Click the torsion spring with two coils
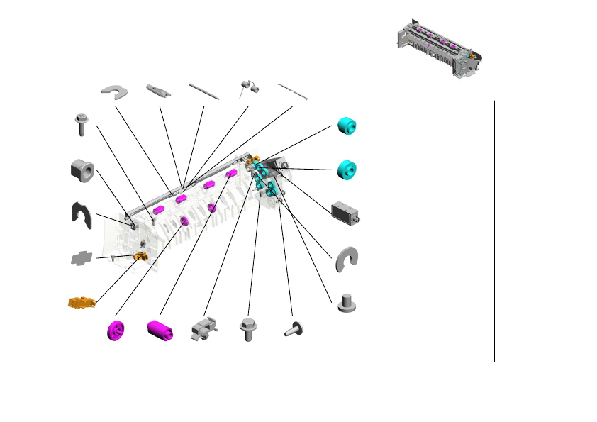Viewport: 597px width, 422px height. click(249, 88)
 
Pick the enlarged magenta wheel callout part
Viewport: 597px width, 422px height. click(116, 331)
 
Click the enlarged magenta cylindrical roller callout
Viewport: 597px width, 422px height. click(160, 330)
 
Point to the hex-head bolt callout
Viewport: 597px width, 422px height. click(249, 330)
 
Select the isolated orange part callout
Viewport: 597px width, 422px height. click(82, 303)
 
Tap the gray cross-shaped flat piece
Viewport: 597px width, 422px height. click(82, 258)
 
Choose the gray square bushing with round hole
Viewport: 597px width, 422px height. click(83, 170)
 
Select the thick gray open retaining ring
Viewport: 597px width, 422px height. click(347, 259)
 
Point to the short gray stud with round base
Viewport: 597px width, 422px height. click(347, 303)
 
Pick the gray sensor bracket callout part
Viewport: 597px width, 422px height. click(203, 328)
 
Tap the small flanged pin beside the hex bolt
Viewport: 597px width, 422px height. click(294, 328)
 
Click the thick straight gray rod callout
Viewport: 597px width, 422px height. click(203, 89)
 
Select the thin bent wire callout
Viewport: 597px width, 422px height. click(291, 89)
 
